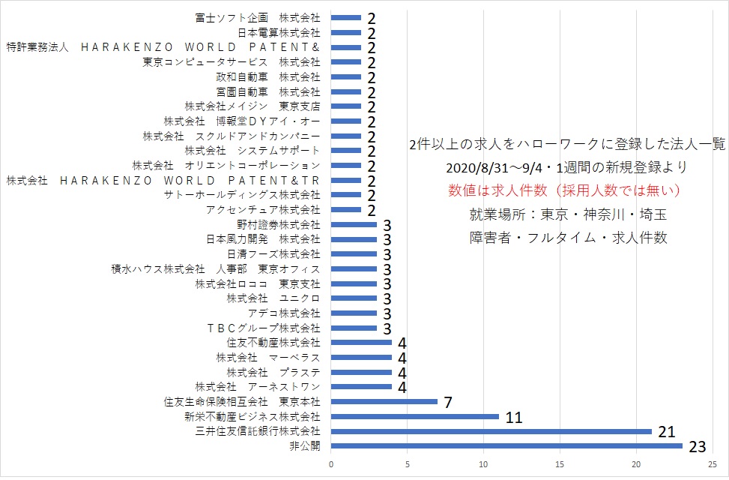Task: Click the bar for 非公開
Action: click(506, 446)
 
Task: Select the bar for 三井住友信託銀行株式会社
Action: click(491, 431)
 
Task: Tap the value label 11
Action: click(514, 417)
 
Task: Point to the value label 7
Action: click(448, 402)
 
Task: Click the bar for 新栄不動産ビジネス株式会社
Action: click(415, 417)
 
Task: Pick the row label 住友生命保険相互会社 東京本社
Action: click(242, 401)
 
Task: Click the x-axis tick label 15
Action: click(560, 464)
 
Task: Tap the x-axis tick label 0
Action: click(331, 464)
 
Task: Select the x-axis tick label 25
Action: click(713, 464)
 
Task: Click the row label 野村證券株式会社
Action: click(279, 224)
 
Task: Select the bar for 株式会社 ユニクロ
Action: click(354, 298)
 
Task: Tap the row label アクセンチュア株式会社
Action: click(263, 209)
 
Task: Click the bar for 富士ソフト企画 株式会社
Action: click(346, 18)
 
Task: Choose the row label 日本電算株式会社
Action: click(279, 32)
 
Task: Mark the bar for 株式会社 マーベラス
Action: click(362, 358)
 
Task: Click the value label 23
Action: click(698, 447)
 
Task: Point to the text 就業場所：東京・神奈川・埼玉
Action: click(568, 214)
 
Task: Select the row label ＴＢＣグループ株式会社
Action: click(263, 328)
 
